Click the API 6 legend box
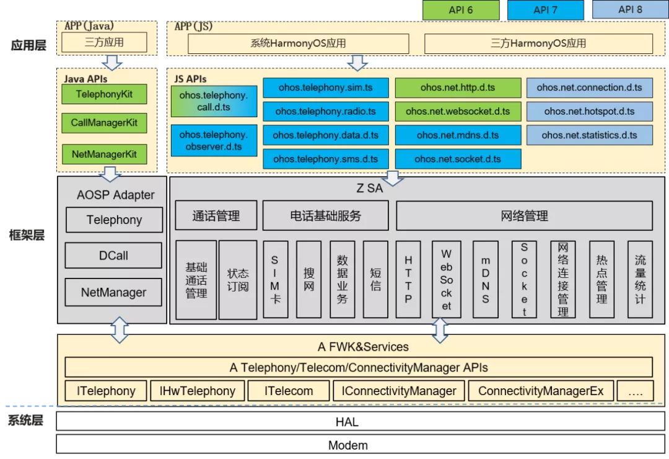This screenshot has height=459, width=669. tap(461, 10)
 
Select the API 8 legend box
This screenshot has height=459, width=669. tap(630, 10)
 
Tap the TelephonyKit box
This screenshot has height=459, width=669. tap(104, 94)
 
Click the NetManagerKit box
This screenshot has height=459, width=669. tap(104, 154)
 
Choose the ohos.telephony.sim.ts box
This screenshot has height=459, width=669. tap(325, 87)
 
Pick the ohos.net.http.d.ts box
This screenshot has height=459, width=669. tap(458, 87)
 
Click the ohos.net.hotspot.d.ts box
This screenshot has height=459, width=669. tap(589, 111)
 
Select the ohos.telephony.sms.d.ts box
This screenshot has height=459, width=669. tap(325, 159)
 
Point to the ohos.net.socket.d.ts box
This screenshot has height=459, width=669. tap(458, 159)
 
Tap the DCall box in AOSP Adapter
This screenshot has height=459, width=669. tap(114, 256)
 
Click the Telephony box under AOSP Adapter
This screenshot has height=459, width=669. tap(114, 220)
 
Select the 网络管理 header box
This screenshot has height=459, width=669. tap(524, 216)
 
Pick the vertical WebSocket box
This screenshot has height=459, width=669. tap(446, 280)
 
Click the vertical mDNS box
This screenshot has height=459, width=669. tap(485, 280)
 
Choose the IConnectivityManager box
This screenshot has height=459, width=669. tap(399, 391)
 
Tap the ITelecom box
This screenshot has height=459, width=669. tap(289, 391)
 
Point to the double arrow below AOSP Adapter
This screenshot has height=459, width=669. tap(120, 331)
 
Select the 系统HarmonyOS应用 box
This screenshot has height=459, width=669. tap(298, 43)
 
